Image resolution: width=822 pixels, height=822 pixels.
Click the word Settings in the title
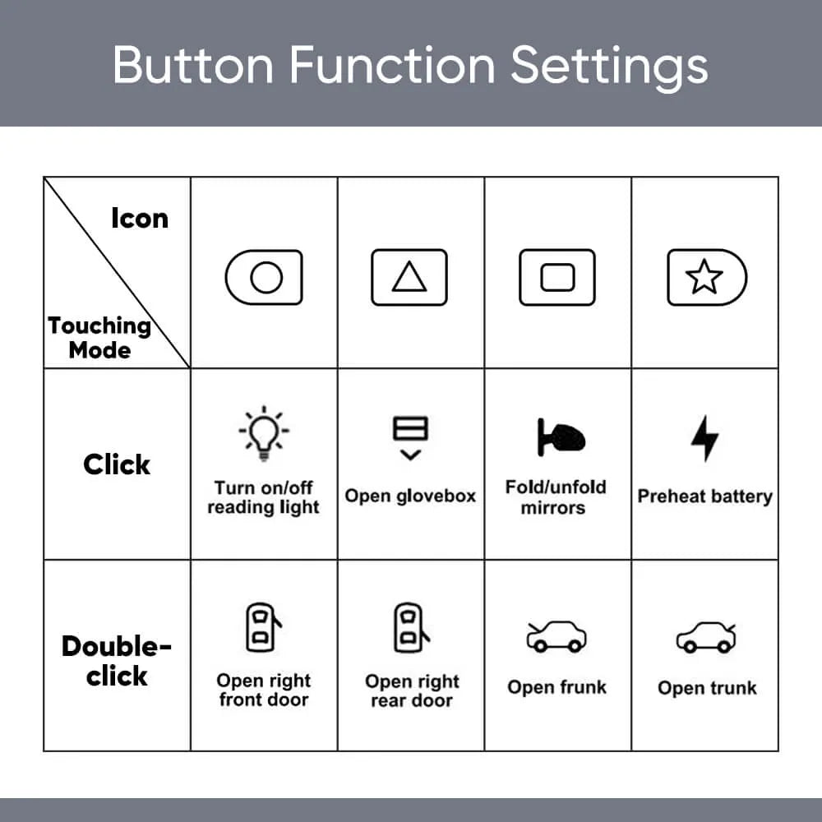click(609, 67)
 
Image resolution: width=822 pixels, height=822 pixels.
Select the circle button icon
click(264, 277)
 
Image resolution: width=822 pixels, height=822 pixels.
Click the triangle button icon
click(409, 277)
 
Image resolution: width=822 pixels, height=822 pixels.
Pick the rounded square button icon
click(557, 277)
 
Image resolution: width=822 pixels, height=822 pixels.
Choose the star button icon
click(707, 277)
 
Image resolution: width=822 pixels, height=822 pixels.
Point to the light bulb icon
click(264, 434)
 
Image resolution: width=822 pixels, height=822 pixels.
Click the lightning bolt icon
click(704, 439)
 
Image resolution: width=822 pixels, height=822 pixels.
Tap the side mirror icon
click(561, 437)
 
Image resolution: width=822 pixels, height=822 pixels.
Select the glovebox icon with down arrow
click(410, 438)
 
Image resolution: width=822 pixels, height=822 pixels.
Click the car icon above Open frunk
click(556, 636)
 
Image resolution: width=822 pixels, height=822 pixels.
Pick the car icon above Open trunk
click(706, 637)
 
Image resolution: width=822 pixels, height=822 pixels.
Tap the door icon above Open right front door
click(263, 627)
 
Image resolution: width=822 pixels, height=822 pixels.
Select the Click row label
click(117, 464)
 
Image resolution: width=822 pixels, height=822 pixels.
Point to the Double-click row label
click(117, 661)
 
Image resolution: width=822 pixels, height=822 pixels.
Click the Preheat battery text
click(705, 496)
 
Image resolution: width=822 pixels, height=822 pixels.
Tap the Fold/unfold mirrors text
click(555, 497)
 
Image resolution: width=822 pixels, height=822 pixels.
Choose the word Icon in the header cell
click(140, 218)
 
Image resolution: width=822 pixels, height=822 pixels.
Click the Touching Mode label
click(99, 338)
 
